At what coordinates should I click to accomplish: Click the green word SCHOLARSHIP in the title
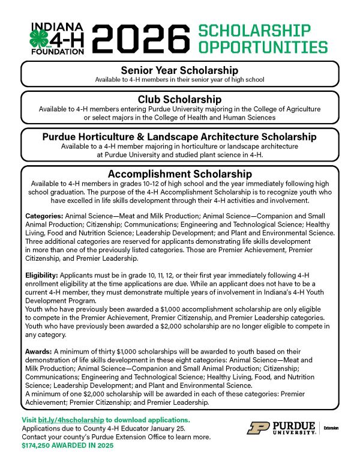point(254,31)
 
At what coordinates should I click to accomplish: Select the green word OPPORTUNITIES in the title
point(263,48)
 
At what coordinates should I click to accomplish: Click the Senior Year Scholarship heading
point(179,70)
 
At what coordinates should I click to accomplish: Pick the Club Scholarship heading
point(179,99)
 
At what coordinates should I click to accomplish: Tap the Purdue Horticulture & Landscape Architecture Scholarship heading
point(179,136)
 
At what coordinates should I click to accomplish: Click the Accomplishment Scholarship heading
point(179,174)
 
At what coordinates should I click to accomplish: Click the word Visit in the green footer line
point(29,419)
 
